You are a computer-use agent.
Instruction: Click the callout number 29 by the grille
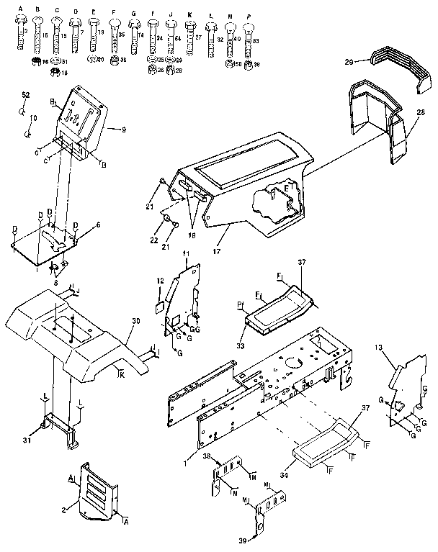pos(348,64)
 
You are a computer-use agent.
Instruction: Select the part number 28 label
pos(420,112)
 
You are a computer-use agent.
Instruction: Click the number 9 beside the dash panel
pos(124,130)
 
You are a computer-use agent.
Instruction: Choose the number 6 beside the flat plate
pos(98,225)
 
